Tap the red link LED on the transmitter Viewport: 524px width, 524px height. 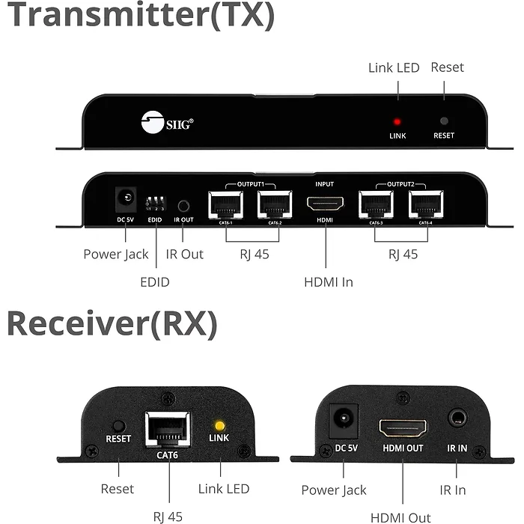[x=397, y=121]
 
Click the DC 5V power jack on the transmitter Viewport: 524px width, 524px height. [x=125, y=201]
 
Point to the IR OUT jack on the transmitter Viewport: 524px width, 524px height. [x=183, y=204]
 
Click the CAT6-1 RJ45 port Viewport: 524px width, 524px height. [x=225, y=203]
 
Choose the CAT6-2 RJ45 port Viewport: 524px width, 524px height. [x=274, y=203]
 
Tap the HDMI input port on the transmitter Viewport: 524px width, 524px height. [x=325, y=203]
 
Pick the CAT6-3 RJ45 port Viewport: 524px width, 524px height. [x=376, y=203]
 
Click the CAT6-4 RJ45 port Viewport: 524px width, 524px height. [x=425, y=203]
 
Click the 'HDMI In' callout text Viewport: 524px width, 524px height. [x=328, y=282]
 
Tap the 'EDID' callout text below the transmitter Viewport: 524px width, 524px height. [x=155, y=282]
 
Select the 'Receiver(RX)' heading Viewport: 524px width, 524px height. [x=112, y=323]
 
